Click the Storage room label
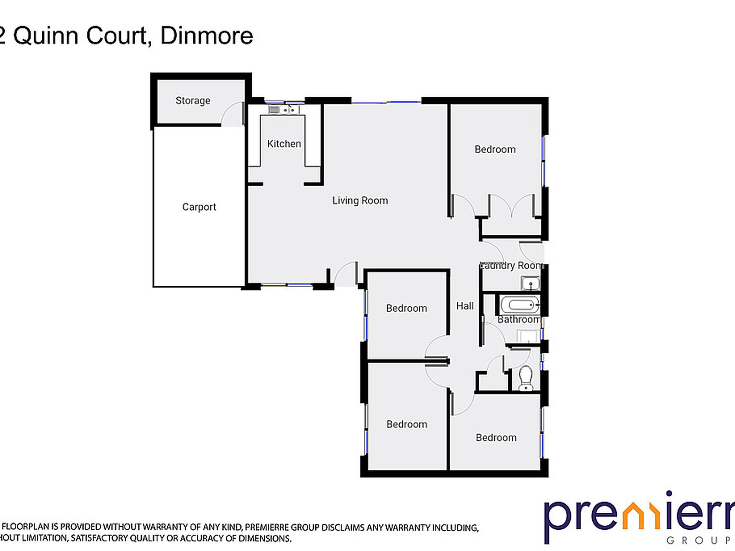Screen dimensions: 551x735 pos(193,101)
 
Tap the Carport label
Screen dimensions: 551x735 pos(199,207)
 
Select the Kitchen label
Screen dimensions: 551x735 pos(284,144)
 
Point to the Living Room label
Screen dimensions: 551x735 pos(360,200)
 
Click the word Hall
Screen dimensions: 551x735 pos(465,306)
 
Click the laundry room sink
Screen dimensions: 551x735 pos(530,283)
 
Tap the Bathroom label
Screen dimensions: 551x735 pos(518,319)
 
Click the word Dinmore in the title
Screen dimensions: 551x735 pos(207,36)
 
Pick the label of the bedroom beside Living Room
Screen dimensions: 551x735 pos(495,149)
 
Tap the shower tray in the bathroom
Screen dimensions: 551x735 pos(528,336)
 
